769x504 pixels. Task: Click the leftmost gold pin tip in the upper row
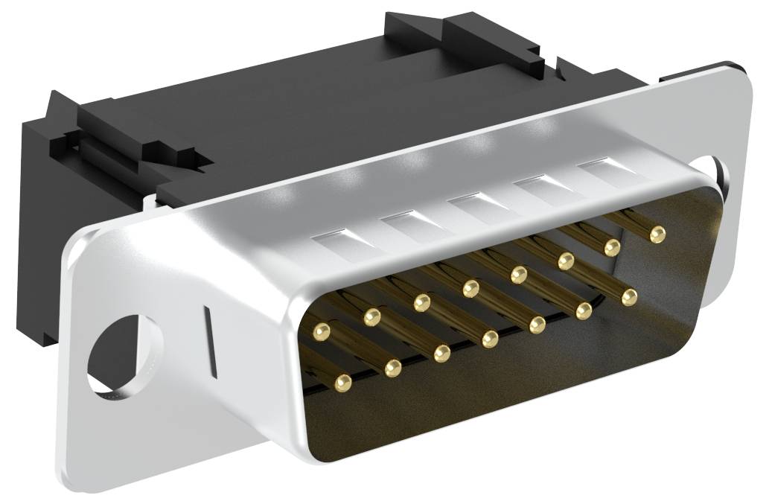[x=322, y=328]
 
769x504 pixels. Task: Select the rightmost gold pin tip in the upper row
[x=657, y=235]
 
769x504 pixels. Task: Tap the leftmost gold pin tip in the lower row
[x=342, y=383]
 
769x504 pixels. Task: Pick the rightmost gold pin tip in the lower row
[x=630, y=298]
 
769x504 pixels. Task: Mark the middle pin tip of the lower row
[x=490, y=339]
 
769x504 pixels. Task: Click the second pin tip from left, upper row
[x=371, y=318]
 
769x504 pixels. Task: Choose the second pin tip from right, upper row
[x=612, y=246]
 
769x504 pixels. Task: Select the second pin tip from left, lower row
[x=392, y=367]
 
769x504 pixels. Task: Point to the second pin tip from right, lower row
[x=584, y=310]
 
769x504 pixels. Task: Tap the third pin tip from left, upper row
[x=422, y=302]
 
